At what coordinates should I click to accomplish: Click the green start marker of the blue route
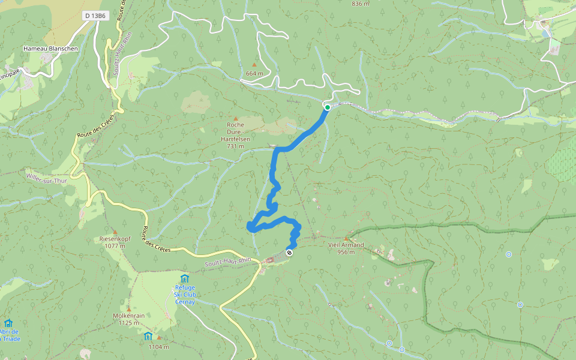[328, 107]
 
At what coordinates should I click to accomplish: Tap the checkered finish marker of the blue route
[290, 253]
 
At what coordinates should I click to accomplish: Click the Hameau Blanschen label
[50, 49]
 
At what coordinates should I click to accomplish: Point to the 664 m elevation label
[254, 74]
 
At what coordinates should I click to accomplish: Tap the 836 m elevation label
[361, 4]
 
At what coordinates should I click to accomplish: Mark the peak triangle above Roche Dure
[235, 119]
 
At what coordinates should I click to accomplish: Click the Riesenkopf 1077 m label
[115, 242]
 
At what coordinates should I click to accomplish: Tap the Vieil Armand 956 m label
[346, 248]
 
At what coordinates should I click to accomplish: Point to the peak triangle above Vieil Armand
[346, 238]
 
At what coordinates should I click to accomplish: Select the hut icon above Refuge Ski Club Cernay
[185, 278]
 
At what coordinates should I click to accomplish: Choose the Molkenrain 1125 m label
[129, 319]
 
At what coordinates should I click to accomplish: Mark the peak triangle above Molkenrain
[129, 308]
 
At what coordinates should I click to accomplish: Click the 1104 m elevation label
[158, 347]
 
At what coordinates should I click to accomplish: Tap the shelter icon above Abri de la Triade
[8, 323]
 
